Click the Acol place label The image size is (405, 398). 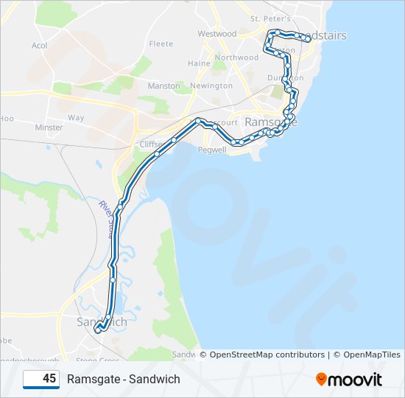point(39,45)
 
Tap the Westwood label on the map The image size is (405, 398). point(216,34)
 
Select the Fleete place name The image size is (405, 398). point(161,44)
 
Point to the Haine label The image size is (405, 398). point(199,63)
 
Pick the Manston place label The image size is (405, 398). point(163,86)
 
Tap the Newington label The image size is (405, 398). point(211,86)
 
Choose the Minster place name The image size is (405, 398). point(49,128)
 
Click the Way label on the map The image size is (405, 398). point(76,118)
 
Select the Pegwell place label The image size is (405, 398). point(211,149)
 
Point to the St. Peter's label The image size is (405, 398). point(271,18)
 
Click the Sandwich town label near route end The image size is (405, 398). point(102,322)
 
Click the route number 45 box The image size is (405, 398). point(41,379)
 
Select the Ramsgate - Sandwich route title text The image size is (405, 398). point(123,379)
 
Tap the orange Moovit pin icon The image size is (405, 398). point(322,380)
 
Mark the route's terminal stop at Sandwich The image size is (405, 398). point(97,332)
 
